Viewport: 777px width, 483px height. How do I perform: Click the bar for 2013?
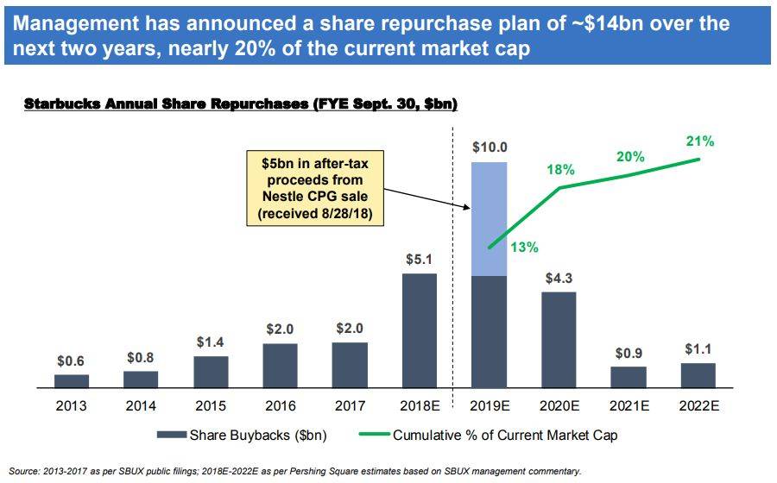click(72, 381)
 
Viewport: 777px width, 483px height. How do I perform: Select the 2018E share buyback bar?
click(420, 331)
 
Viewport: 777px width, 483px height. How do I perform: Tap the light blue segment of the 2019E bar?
click(489, 218)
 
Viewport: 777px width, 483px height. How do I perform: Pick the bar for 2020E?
click(559, 341)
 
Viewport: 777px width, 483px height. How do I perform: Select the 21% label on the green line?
click(700, 141)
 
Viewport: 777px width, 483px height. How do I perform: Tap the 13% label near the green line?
click(525, 248)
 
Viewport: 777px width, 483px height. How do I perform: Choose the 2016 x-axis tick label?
click(280, 406)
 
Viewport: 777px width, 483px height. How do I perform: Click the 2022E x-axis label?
click(698, 406)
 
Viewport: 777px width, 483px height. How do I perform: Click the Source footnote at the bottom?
click(294, 471)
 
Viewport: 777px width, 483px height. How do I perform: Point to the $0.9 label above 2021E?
click(629, 354)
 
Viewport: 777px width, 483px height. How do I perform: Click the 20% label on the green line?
click(629, 156)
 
